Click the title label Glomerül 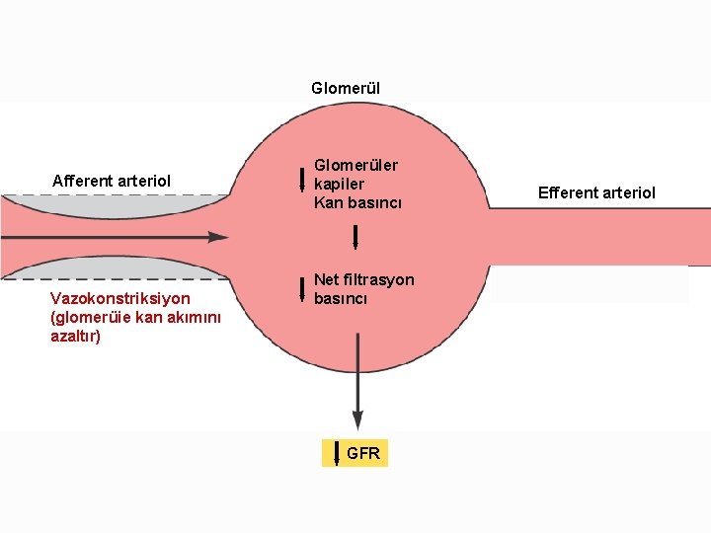(x=345, y=89)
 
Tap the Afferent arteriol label (x=112, y=181)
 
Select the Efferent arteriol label (x=595, y=192)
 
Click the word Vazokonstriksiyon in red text (x=119, y=298)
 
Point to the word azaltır (x=75, y=336)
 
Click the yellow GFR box (x=355, y=453)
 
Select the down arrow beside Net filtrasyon (x=302, y=287)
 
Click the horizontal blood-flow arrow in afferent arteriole (x=118, y=237)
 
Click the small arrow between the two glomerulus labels (x=355, y=239)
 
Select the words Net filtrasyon (x=363, y=279)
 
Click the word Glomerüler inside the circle (x=355, y=165)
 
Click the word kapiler (x=339, y=184)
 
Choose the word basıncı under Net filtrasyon (x=341, y=298)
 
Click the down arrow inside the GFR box (x=337, y=454)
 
